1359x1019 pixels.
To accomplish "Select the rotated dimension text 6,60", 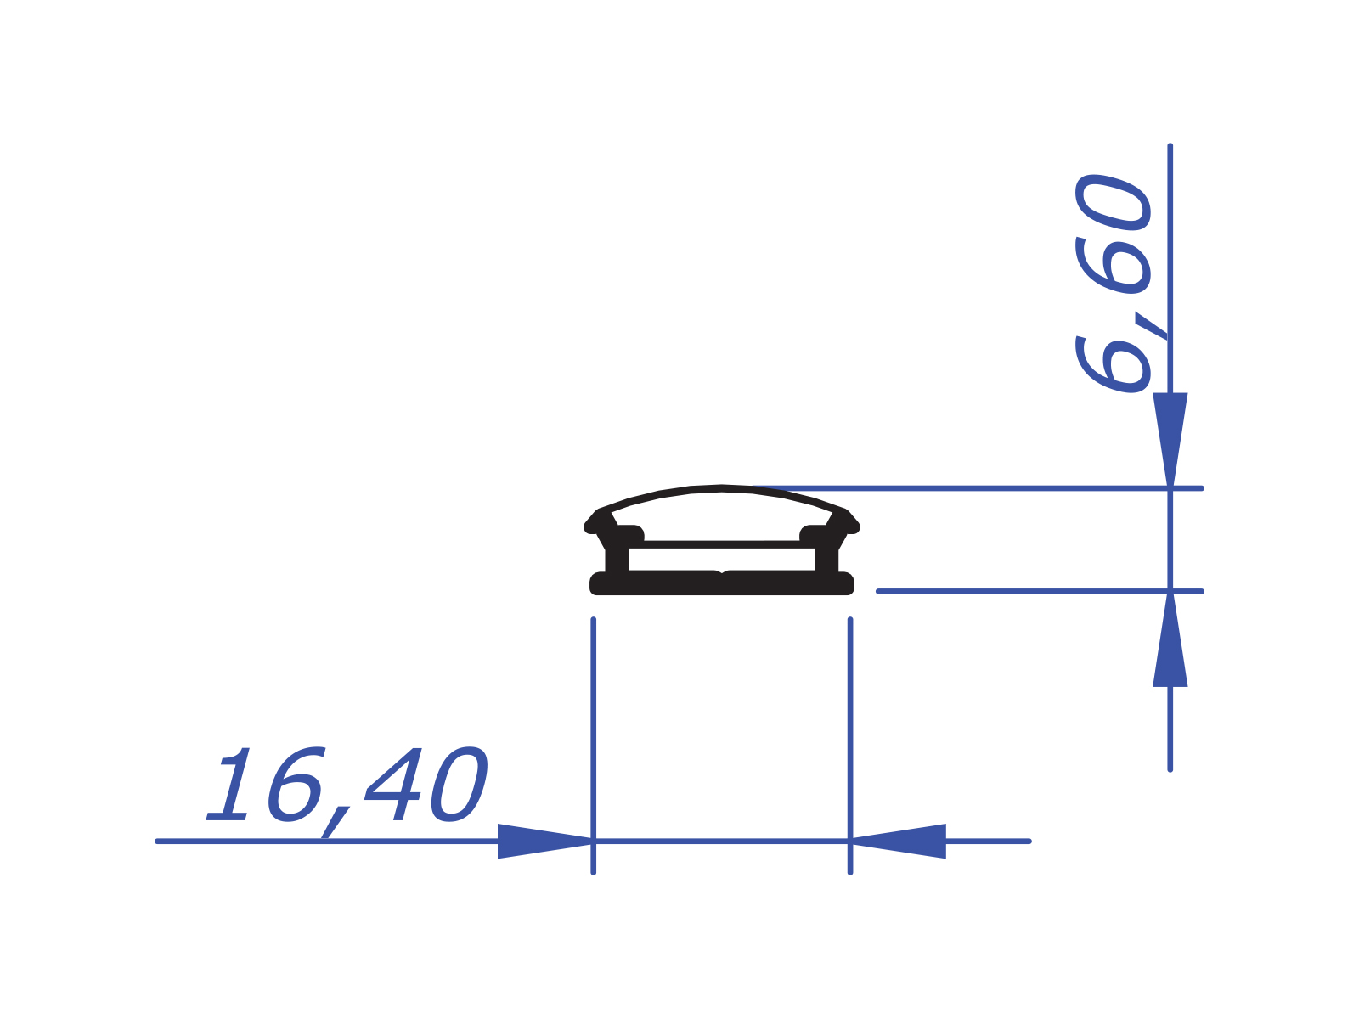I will [x=1114, y=283].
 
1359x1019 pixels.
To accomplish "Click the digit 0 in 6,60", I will [x=1114, y=202].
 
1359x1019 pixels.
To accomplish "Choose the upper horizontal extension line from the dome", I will [x=977, y=488].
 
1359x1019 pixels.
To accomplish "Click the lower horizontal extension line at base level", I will [x=1019, y=591].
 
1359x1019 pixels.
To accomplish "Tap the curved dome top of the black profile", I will [x=722, y=489].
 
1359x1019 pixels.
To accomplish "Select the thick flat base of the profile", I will [x=663, y=584].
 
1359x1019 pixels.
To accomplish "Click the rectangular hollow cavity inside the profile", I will [x=721, y=559].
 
